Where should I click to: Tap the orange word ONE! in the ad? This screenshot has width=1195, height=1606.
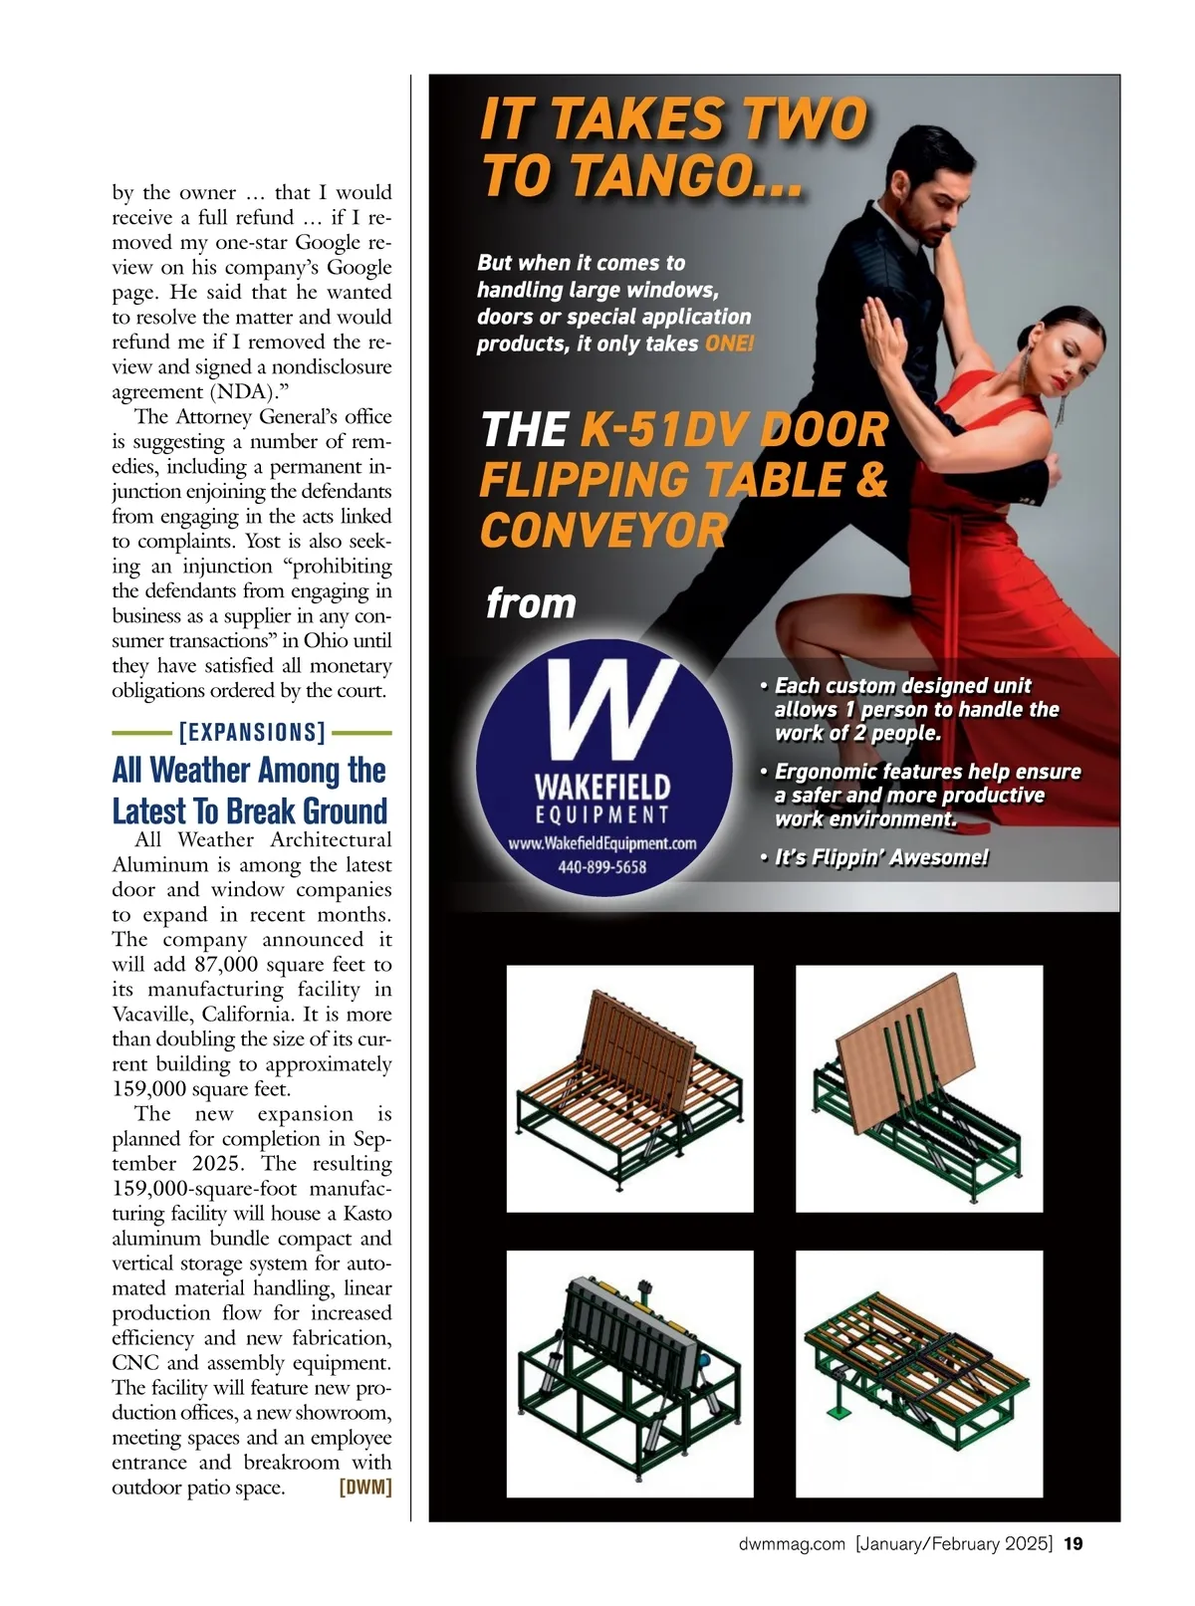click(x=729, y=344)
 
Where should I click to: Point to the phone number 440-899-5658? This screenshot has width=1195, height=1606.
click(x=601, y=867)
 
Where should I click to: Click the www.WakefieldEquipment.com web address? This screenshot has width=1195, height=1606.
click(x=601, y=843)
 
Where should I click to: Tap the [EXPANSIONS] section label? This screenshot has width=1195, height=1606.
click(x=252, y=733)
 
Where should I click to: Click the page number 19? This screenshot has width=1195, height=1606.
click(x=1073, y=1544)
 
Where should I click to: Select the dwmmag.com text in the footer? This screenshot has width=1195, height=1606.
click(x=792, y=1544)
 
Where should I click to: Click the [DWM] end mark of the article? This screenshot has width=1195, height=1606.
click(x=364, y=1488)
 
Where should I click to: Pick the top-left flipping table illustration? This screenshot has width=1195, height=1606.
click(x=629, y=1087)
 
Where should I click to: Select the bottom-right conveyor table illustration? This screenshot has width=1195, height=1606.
click(x=918, y=1373)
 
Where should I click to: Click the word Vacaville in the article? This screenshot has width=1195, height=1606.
click(x=154, y=1015)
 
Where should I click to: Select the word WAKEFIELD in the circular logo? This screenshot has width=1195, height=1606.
click(x=601, y=788)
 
